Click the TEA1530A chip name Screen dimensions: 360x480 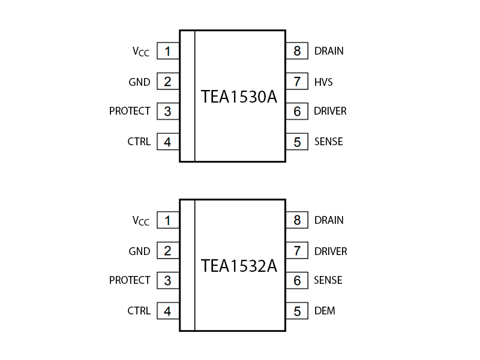tap(239, 97)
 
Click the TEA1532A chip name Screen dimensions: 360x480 tap(239, 266)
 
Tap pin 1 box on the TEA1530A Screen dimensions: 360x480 tap(168, 51)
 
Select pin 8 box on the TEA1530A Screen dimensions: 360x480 tap(297, 51)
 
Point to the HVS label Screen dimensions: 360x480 tap(323, 82)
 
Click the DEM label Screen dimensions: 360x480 tap(325, 311)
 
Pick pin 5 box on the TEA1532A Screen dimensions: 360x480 tap(297, 311)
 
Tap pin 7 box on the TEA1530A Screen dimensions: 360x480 tap(297, 81)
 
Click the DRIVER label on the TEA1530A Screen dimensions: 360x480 tap(330, 111)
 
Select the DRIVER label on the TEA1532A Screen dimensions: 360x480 tap(331, 251)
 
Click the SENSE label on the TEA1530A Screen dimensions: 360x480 tap(329, 142)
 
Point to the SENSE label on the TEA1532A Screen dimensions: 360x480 tap(328, 280)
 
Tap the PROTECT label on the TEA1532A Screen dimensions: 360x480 tap(130, 280)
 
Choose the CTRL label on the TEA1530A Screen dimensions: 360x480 tap(139, 142)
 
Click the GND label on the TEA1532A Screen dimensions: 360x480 tap(139, 251)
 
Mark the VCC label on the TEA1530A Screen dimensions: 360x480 tap(141, 52)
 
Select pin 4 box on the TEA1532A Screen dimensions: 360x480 tap(168, 311)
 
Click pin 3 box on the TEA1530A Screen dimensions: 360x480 tap(168, 111)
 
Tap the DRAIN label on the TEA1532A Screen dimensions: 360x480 tap(329, 220)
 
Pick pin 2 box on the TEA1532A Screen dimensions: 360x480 tap(168, 251)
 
